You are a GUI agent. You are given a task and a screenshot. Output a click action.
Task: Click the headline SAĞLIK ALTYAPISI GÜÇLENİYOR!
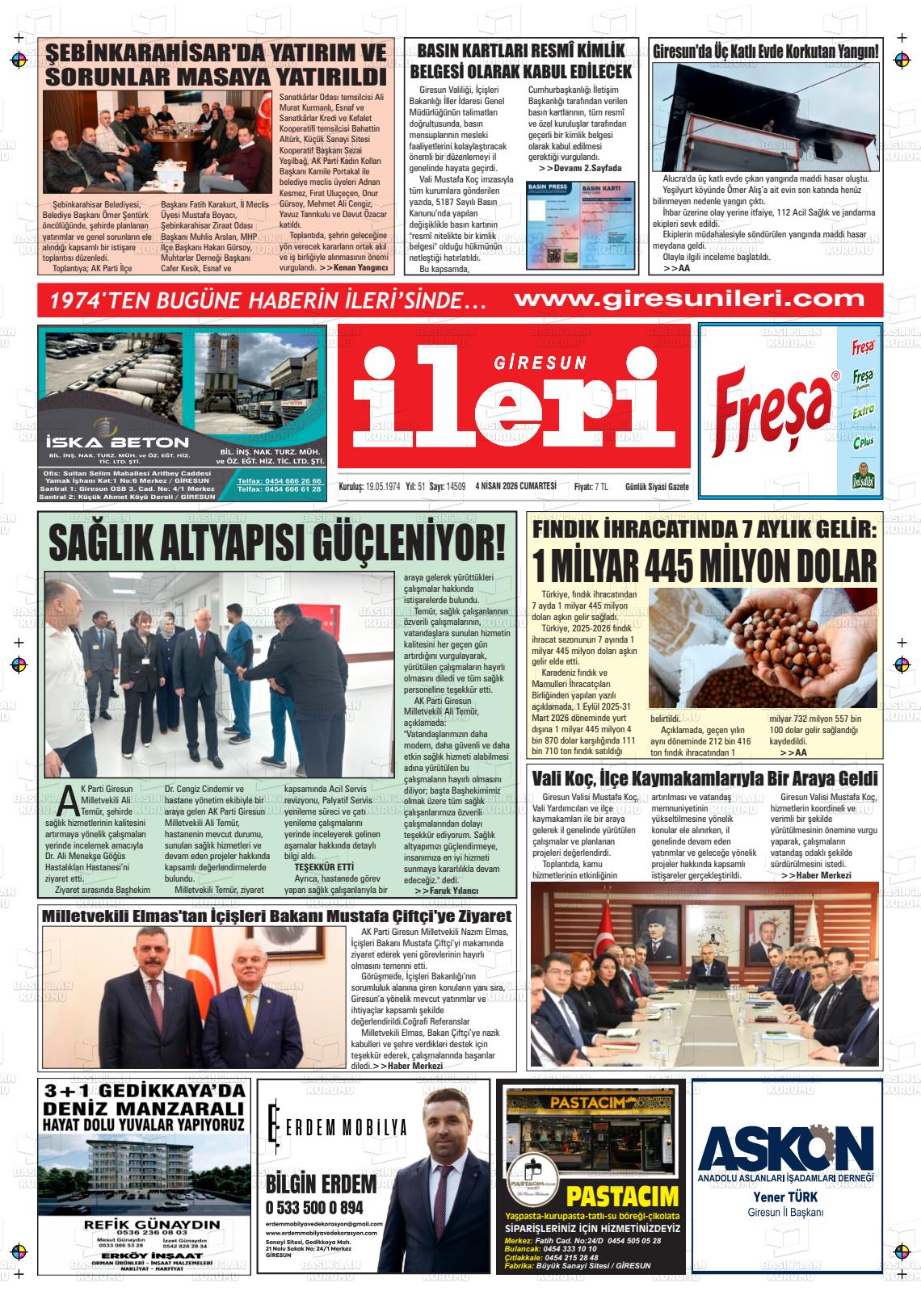pos(277,543)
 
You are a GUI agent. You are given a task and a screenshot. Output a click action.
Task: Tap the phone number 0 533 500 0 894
pos(314,1207)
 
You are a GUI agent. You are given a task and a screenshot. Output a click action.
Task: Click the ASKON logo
pos(786,1144)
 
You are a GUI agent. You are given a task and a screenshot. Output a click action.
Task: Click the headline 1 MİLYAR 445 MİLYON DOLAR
pos(704,565)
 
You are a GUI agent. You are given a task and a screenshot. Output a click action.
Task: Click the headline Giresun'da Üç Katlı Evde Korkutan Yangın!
pos(765,52)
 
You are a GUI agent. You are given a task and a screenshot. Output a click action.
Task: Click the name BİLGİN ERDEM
pos(321,1184)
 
